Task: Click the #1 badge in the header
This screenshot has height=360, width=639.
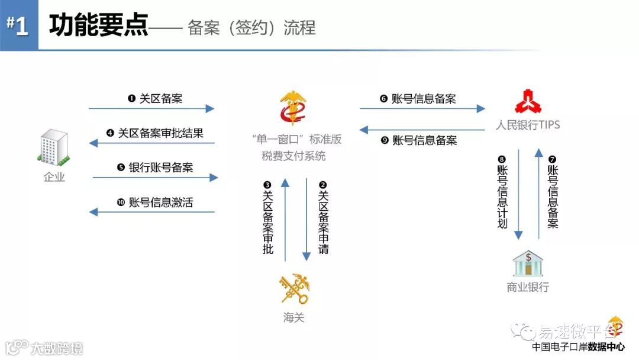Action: point(19,26)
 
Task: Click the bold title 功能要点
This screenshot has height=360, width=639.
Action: point(98,26)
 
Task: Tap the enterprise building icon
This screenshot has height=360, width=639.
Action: point(54,147)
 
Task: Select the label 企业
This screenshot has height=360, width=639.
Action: point(54,176)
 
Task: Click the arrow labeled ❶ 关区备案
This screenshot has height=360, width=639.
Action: point(151,109)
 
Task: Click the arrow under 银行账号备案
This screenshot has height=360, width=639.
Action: point(155,177)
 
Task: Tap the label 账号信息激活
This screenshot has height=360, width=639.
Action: point(161,202)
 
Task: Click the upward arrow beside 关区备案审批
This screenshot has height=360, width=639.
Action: point(285,219)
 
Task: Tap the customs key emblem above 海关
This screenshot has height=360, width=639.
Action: point(294,288)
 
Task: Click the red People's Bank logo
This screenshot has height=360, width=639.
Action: point(528,101)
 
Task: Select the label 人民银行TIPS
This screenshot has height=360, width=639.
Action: point(528,125)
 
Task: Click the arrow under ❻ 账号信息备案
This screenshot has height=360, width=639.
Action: point(422,109)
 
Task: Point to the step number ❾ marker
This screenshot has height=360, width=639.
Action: point(384,140)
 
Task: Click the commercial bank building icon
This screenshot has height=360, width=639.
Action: point(528,263)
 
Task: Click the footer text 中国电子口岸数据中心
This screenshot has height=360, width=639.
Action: point(578,348)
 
